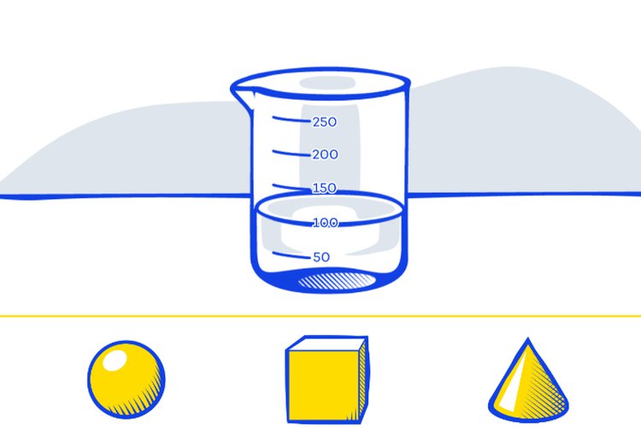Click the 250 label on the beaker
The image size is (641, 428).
325,122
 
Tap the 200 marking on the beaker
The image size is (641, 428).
325,155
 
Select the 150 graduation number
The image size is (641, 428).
325,188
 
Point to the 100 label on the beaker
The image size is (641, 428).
326,223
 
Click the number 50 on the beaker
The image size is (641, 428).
321,257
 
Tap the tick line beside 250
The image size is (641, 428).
291,120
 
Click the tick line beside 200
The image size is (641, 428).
291,153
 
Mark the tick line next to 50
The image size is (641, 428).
291,255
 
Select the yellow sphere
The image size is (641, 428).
126,380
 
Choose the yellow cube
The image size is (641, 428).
327,380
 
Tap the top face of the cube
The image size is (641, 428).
327,344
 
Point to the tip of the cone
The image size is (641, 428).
528,339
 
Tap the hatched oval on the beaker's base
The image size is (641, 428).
337,281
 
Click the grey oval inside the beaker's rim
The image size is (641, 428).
327,83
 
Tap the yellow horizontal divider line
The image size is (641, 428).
320,316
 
